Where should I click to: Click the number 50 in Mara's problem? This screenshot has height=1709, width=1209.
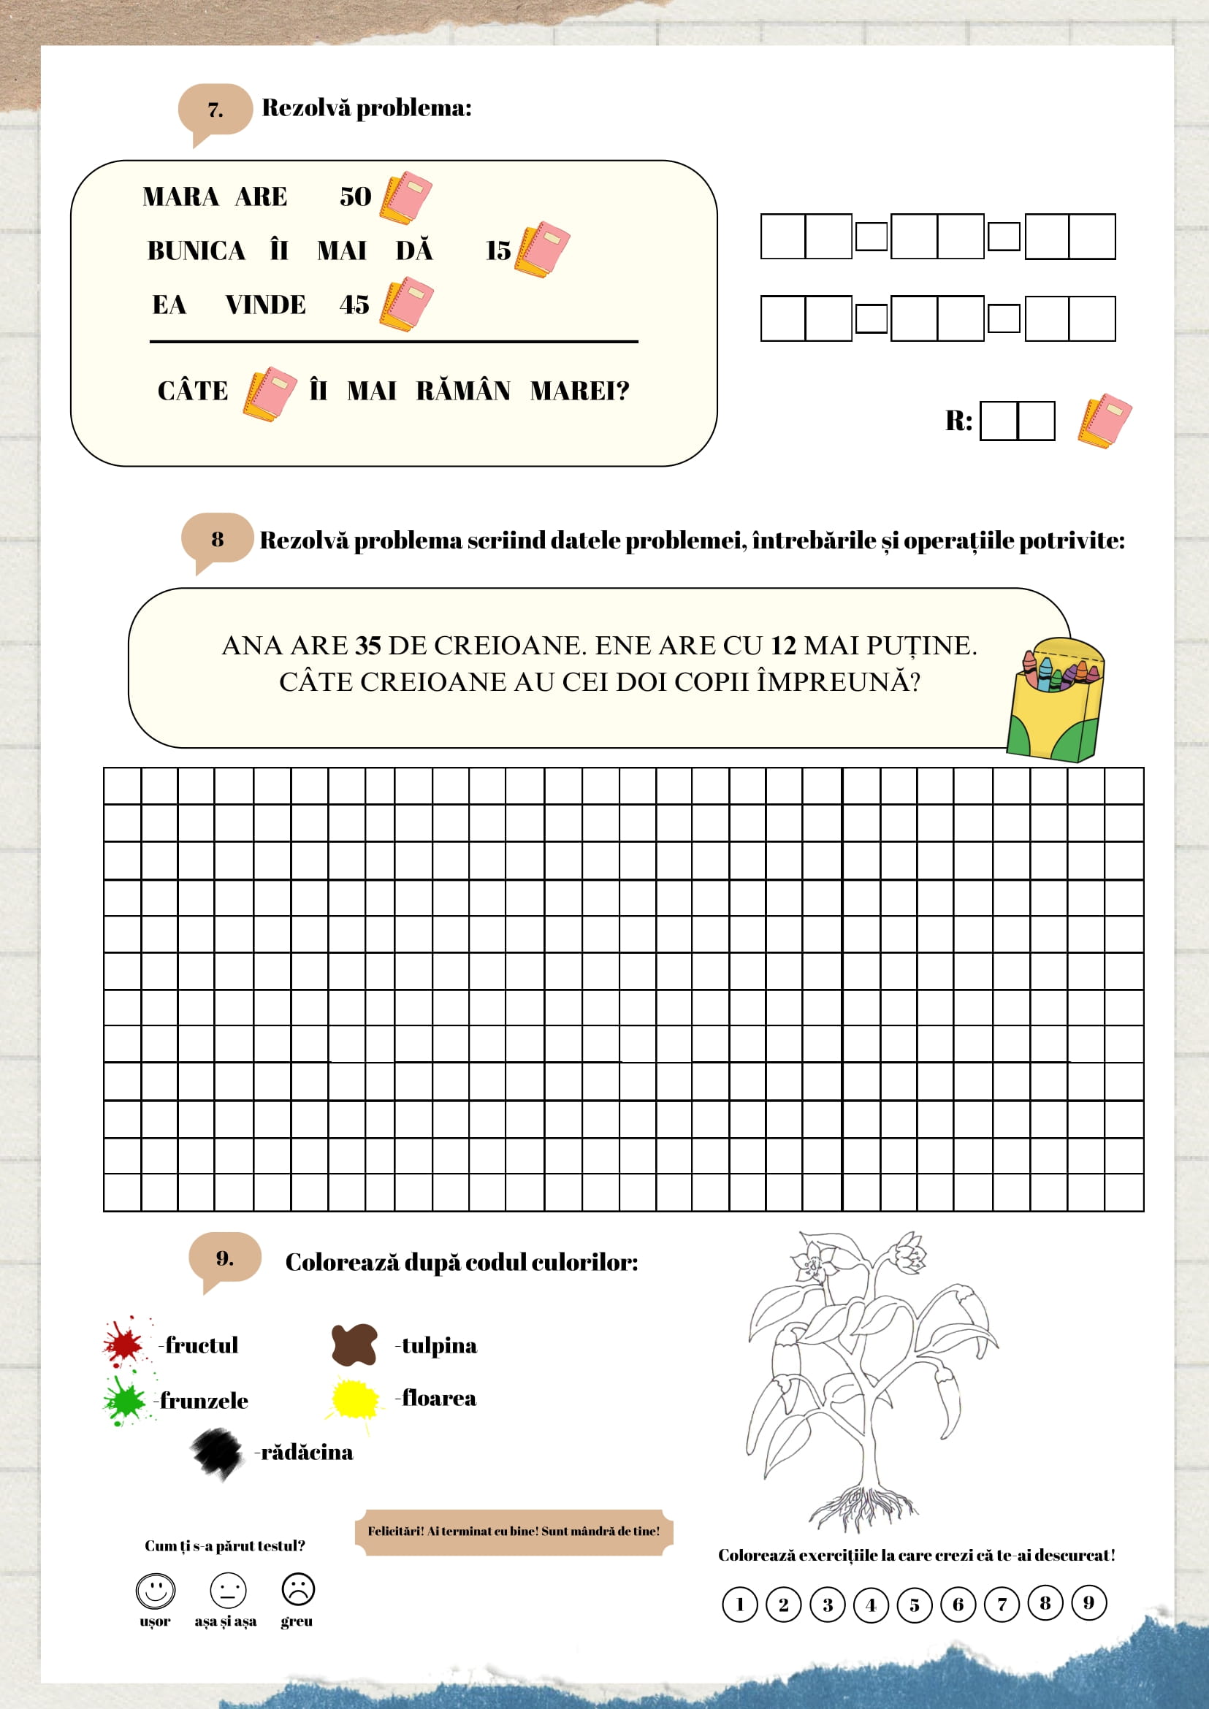pos(355,196)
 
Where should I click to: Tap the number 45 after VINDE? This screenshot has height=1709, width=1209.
pos(354,305)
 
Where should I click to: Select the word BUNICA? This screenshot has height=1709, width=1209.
pos(197,251)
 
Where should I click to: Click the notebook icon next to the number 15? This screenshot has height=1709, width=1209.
pos(543,248)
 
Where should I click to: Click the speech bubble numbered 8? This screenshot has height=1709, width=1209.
pos(218,540)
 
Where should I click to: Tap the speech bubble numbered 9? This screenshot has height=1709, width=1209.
pos(225,1258)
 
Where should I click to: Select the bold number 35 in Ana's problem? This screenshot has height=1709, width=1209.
pos(367,646)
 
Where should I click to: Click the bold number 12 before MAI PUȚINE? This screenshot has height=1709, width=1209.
pos(783,646)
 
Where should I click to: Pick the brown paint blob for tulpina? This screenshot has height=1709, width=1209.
pos(354,1345)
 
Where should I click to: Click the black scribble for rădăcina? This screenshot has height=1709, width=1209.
pos(218,1452)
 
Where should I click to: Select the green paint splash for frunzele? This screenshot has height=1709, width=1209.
pos(124,1400)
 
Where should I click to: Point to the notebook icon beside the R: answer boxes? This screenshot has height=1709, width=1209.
pos(1105,421)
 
